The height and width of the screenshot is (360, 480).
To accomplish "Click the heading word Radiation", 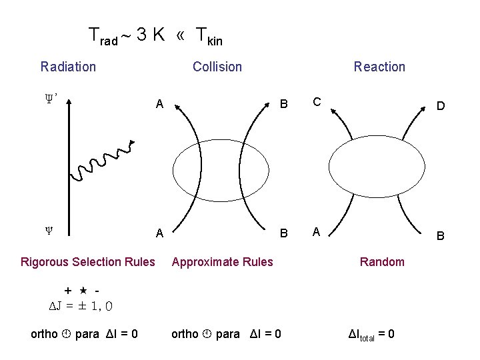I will pyautogui.click(x=68, y=67).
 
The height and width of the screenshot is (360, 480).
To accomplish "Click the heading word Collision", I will pyautogui.click(x=217, y=67).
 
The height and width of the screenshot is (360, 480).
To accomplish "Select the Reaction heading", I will pyautogui.click(x=379, y=67).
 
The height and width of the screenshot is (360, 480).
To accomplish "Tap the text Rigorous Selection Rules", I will pyautogui.click(x=88, y=261).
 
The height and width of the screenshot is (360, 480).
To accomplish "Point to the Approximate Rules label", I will pyautogui.click(x=222, y=261).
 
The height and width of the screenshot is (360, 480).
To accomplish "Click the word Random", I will pyautogui.click(x=382, y=261).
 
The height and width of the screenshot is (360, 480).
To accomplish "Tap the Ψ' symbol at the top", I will pyautogui.click(x=50, y=98).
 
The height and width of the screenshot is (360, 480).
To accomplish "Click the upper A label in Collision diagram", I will pyautogui.click(x=159, y=104).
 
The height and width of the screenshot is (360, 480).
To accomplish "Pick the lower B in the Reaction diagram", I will pyautogui.click(x=441, y=236).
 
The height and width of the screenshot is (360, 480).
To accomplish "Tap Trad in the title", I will pyautogui.click(x=104, y=37).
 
